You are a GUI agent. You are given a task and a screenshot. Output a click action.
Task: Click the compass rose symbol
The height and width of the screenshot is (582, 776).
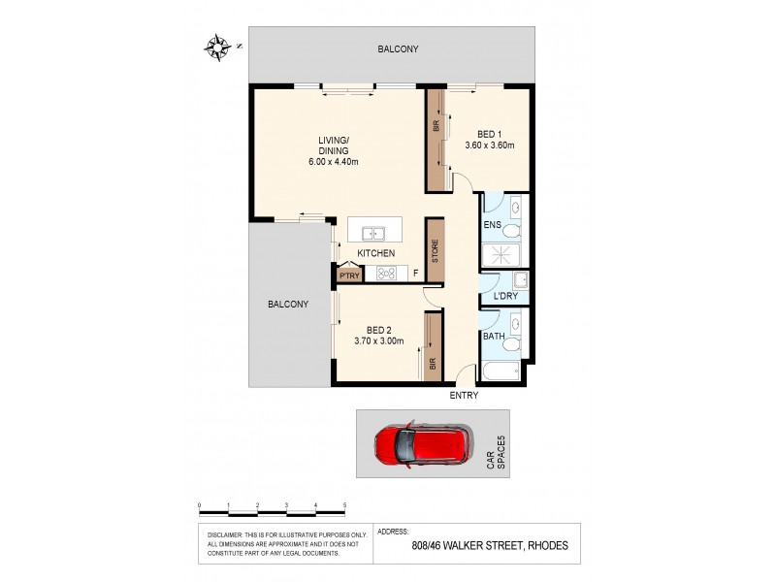[x=217, y=45]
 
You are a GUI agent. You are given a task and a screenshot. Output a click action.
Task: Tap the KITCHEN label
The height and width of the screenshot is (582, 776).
[x=376, y=253]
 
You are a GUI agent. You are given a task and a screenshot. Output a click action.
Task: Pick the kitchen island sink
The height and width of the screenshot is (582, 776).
[x=372, y=233]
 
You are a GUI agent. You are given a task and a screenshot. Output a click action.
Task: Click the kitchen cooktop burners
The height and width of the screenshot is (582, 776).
[x=385, y=274]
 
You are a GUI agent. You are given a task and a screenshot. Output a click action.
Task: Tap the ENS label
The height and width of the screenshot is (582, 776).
[x=492, y=226]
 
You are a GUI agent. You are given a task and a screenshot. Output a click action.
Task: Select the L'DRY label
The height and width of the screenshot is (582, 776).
[x=502, y=296]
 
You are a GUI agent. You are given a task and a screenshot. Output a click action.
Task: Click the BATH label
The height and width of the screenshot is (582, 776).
[x=494, y=337]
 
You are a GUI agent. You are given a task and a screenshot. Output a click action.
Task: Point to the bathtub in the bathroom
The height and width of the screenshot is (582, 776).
[x=501, y=372]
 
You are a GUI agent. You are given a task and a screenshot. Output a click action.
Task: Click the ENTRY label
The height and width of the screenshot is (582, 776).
[x=464, y=396]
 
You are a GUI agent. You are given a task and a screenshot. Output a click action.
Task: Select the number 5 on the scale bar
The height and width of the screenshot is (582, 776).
[x=344, y=505]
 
